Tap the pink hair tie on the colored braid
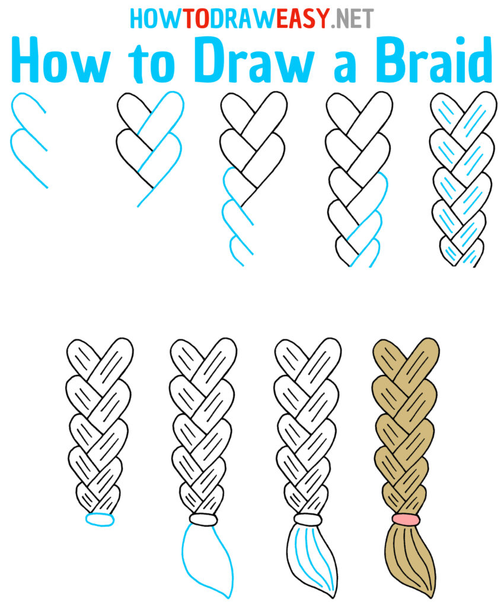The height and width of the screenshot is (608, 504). coord(406,520)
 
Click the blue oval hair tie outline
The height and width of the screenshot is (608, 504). coord(99,519)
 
